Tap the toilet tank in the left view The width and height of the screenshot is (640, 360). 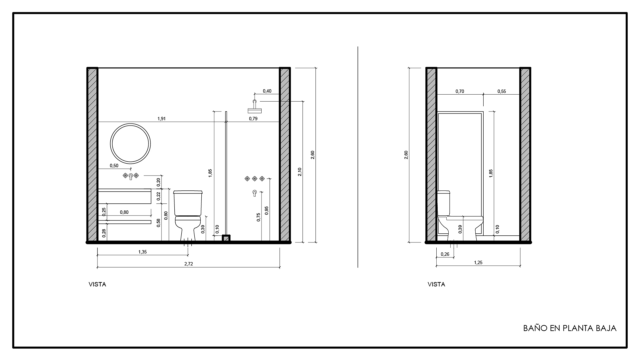pos(188,203)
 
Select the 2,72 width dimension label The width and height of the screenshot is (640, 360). pos(189,264)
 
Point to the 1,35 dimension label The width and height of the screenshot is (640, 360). pos(142,252)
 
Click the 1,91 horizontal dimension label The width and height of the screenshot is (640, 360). pos(162,118)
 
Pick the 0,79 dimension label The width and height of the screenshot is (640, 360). pos(253,118)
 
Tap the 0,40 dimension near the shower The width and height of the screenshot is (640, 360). pos(267,91)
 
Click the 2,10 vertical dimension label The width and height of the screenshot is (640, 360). pos(300,172)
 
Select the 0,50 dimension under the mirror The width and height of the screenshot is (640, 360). pos(114,166)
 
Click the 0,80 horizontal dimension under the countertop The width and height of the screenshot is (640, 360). pos(124,212)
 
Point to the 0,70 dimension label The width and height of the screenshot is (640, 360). pos(460,91)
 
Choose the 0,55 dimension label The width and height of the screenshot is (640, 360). pos(502,91)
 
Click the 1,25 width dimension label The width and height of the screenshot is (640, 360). pos(478,263)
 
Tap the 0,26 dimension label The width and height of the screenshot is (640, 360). pos(445,254)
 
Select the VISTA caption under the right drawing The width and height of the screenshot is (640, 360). pos(436,284)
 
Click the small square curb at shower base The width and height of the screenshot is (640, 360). pos(226,238)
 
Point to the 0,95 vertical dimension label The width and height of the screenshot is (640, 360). pos(266,210)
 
